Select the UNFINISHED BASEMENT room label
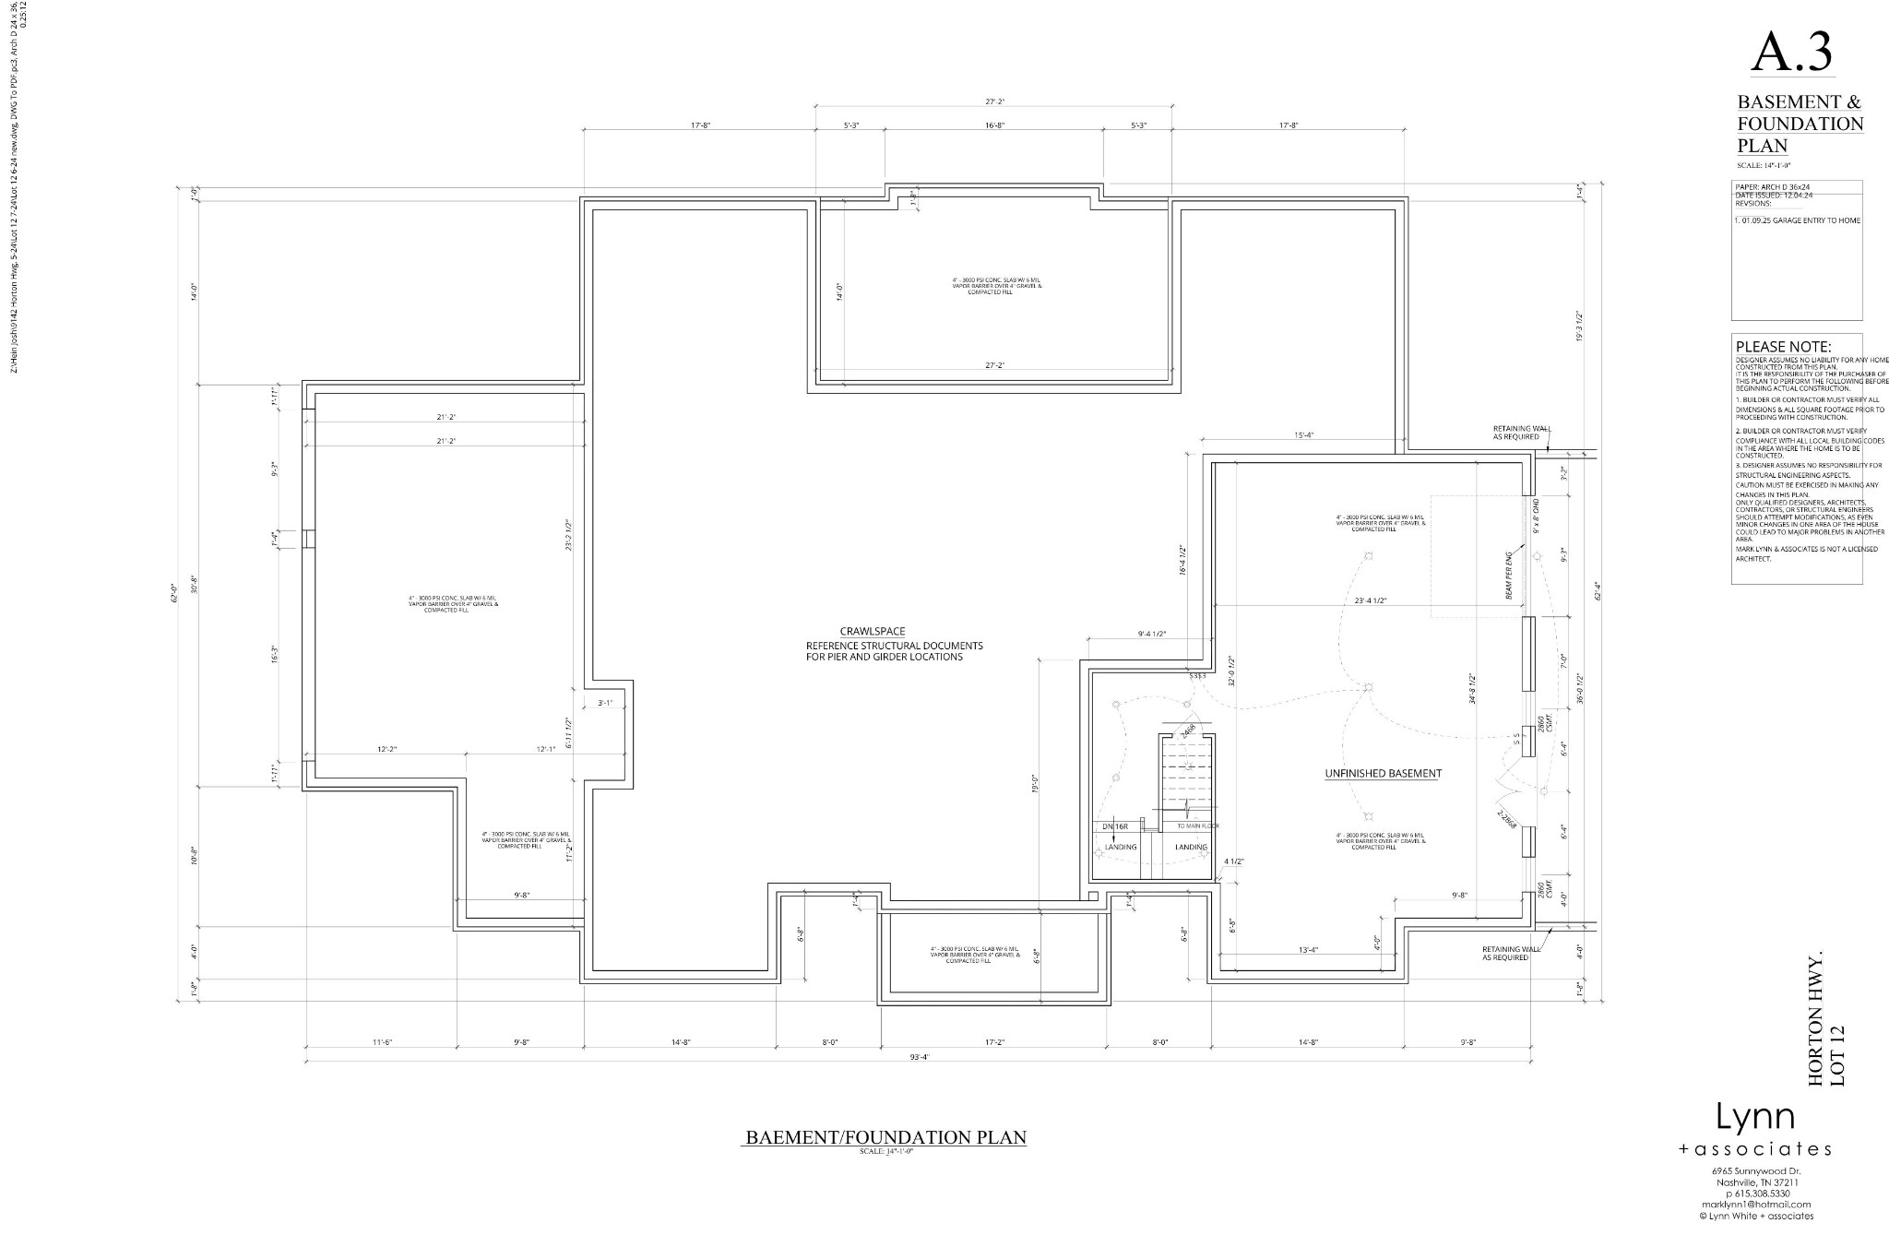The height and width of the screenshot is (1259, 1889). point(1382,773)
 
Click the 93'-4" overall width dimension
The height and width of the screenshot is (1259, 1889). point(920,1057)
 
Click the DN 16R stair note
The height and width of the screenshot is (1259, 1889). point(1114,826)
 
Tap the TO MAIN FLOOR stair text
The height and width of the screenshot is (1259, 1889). point(1197,825)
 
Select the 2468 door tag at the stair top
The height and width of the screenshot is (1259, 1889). point(1188,730)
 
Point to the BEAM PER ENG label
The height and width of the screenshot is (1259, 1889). point(1508,574)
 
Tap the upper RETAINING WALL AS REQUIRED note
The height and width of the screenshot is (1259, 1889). point(1515,433)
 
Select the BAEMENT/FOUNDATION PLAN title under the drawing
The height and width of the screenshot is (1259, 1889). point(885,1137)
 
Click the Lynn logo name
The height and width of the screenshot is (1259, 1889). point(1754,1117)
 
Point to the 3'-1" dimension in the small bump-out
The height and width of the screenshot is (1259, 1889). point(606,703)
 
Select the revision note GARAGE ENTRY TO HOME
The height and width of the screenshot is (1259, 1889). point(1797,220)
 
